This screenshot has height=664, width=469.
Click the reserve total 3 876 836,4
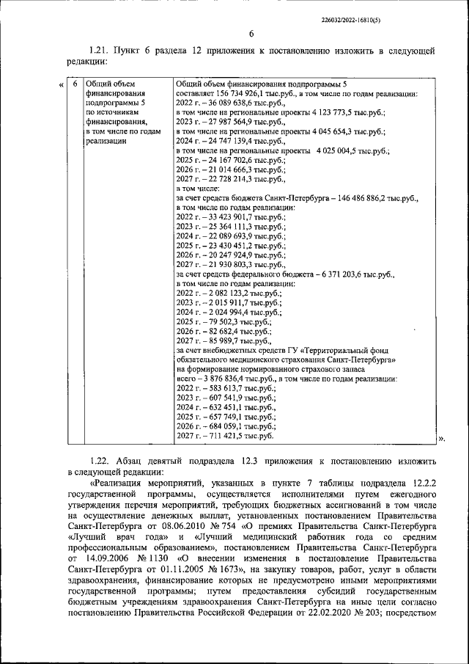tap(226, 379)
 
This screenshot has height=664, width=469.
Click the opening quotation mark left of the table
tap(60, 85)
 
